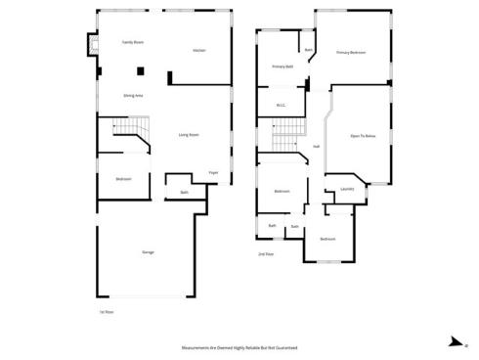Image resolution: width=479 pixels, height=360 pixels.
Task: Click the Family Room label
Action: [132, 43]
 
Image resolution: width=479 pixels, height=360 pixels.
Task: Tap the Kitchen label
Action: [198, 49]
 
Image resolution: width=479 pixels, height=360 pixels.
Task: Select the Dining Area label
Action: [134, 95]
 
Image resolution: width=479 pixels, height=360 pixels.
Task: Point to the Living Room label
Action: [189, 135]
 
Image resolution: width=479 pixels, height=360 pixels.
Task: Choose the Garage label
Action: [148, 251]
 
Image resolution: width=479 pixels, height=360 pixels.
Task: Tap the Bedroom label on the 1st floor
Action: [123, 179]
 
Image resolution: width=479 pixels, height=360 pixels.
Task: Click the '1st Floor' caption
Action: [106, 313]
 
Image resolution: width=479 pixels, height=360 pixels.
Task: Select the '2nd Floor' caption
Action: [265, 254]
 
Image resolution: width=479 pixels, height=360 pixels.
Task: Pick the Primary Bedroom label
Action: [351, 52]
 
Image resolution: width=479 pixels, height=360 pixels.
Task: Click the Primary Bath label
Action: [283, 67]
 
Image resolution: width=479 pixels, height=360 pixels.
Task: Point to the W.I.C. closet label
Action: [281, 106]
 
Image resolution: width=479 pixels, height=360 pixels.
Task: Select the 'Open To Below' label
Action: [364, 136]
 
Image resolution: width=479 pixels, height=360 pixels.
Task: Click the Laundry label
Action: [347, 189]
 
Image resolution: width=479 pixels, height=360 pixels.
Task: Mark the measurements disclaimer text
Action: [239, 347]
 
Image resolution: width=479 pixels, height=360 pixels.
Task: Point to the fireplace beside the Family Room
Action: [94, 46]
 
